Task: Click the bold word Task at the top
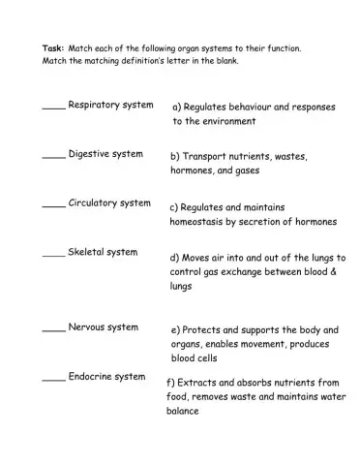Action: (x=52, y=47)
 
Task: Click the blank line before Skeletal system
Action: (x=53, y=256)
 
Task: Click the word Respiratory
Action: (x=95, y=105)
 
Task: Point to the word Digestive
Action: (x=91, y=154)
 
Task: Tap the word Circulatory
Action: (x=94, y=203)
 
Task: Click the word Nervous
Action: (x=88, y=327)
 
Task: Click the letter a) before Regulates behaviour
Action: (x=177, y=107)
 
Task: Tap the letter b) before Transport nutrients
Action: (x=175, y=155)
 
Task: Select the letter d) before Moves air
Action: (x=174, y=258)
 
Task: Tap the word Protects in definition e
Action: (x=204, y=330)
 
